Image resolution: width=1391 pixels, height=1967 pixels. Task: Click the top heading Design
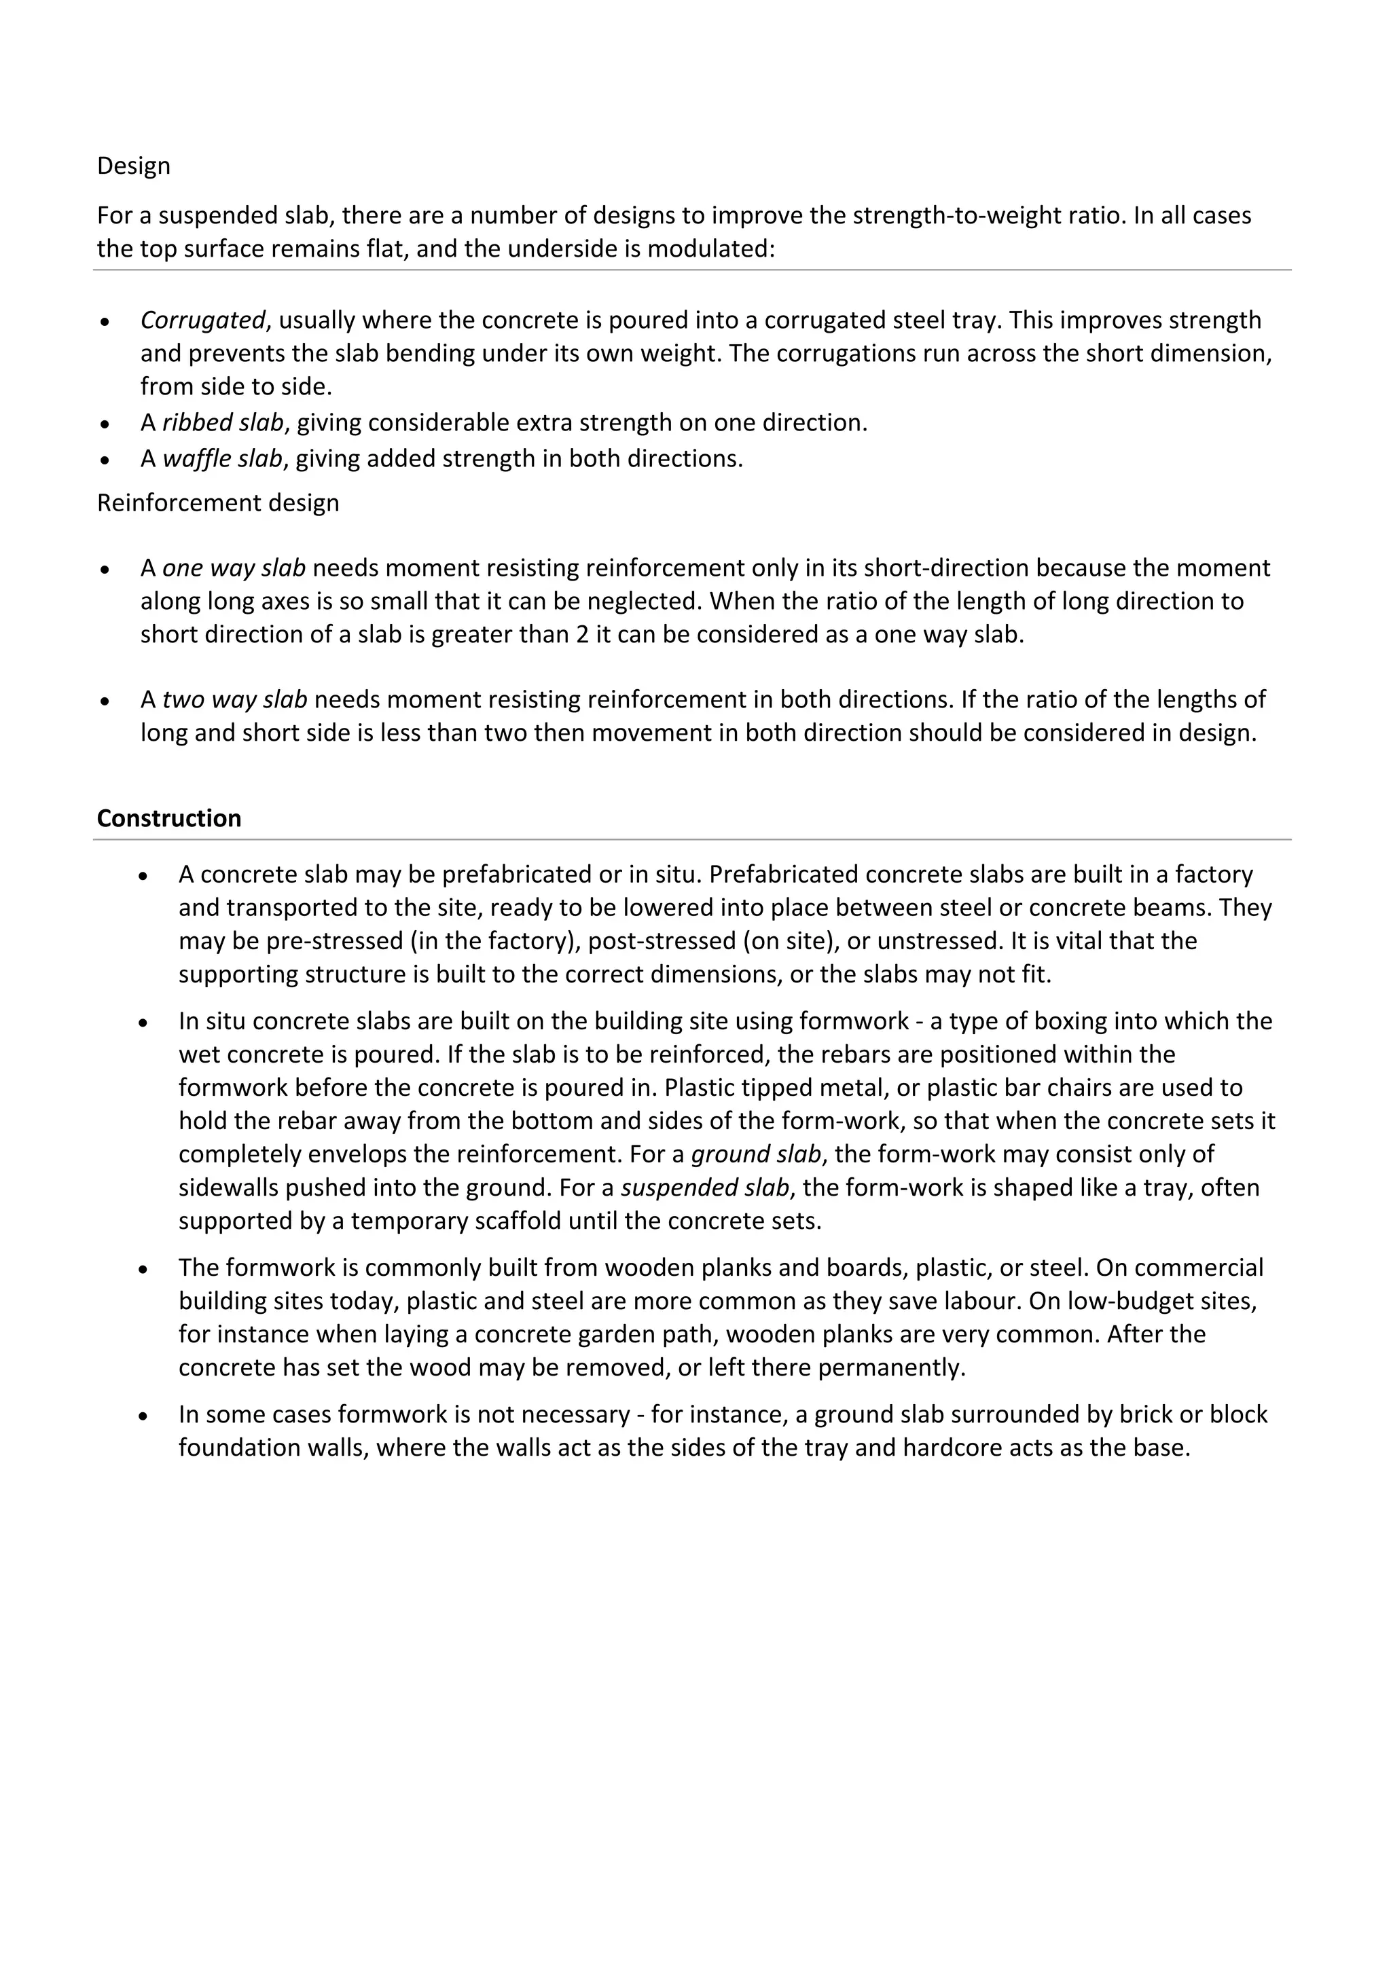(134, 166)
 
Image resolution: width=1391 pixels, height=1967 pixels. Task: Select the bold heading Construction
(169, 818)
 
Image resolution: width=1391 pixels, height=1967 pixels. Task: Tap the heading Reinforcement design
(218, 503)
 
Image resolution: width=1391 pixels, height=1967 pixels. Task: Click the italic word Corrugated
(202, 320)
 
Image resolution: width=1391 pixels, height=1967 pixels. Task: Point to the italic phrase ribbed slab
(223, 423)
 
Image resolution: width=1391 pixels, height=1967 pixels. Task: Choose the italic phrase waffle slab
(222, 459)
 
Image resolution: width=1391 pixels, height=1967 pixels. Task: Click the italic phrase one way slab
(234, 568)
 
